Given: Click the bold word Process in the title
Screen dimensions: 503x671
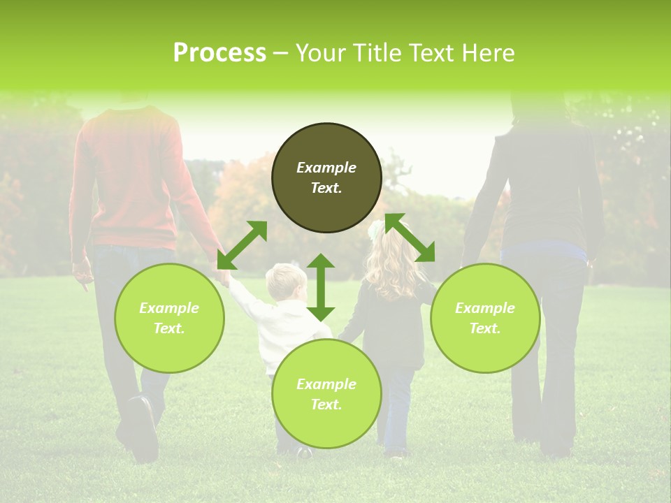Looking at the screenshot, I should click(219, 53).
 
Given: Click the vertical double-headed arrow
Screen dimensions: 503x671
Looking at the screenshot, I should click(321, 288).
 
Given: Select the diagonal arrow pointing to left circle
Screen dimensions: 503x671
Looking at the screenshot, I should click(242, 245).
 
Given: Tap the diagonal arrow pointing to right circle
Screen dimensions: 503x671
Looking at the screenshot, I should click(410, 238).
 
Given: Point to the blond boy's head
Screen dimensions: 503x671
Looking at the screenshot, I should click(285, 281).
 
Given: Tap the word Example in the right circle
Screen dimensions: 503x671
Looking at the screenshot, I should click(485, 308).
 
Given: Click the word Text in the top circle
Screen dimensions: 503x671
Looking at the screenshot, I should click(326, 188).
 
